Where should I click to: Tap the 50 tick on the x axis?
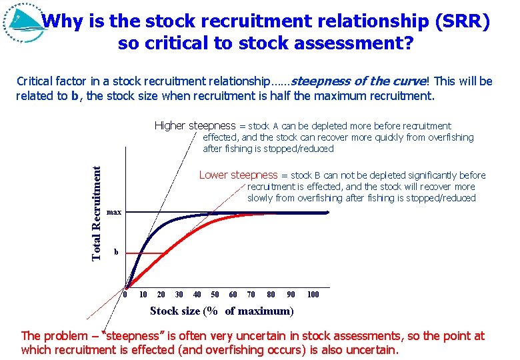215,295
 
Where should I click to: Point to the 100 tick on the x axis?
313,295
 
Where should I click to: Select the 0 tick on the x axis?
125,295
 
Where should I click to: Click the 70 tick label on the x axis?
251,295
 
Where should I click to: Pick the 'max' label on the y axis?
114,213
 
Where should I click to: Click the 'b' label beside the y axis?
116,252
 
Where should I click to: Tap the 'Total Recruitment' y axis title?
97,213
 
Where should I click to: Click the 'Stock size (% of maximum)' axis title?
221,311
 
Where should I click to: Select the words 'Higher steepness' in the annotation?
195,125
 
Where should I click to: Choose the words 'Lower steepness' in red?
238,175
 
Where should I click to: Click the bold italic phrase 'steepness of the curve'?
359,81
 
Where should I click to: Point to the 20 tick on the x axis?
161,295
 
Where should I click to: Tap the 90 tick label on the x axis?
291,295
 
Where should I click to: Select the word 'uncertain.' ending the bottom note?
373,349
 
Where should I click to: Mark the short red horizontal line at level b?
147,253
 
